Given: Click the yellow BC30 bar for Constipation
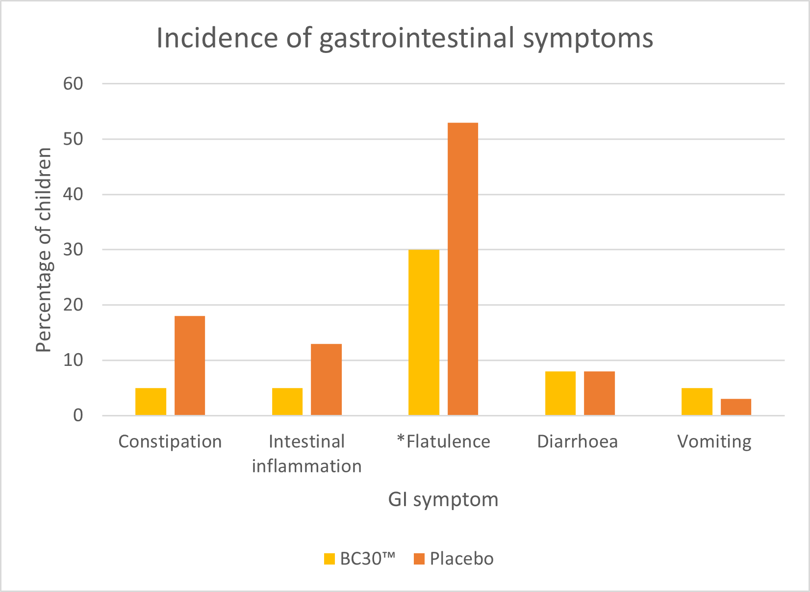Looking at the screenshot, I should click(151, 402).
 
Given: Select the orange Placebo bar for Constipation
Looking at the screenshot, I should click(190, 366).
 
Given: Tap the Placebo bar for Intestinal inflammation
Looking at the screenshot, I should click(326, 380).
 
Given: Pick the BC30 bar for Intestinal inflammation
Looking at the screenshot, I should click(287, 402).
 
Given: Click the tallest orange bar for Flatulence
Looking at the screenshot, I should click(462, 269).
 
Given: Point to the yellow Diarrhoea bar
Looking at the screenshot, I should click(560, 393).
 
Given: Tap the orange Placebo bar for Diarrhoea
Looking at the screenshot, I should click(599, 393).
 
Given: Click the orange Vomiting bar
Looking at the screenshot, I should click(735, 407).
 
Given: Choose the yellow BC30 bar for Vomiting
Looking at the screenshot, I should click(697, 402).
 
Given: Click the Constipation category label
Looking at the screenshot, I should click(170, 441).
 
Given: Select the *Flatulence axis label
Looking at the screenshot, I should click(443, 441).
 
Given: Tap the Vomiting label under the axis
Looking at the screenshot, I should click(714, 441).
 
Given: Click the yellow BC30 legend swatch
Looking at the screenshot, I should click(329, 559).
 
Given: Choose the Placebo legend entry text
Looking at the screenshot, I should click(461, 559).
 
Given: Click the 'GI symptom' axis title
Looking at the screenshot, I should click(443, 500).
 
